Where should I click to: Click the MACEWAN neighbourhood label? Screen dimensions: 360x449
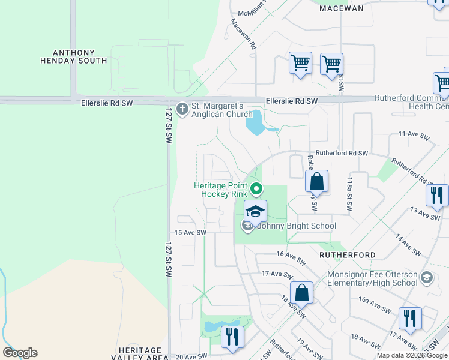341,8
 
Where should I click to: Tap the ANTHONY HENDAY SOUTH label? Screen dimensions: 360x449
74,56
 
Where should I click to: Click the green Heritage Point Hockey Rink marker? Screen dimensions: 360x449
256,190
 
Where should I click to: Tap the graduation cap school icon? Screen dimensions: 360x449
255,211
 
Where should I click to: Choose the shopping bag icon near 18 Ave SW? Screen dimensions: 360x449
302,293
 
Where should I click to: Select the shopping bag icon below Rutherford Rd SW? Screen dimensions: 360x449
316,181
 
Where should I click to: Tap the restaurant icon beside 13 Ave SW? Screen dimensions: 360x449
436,196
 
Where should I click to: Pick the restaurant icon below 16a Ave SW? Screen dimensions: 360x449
410,319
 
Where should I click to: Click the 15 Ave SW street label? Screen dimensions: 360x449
190,233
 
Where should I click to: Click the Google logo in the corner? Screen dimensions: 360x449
20,353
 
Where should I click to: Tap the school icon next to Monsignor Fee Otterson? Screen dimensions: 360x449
426,277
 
